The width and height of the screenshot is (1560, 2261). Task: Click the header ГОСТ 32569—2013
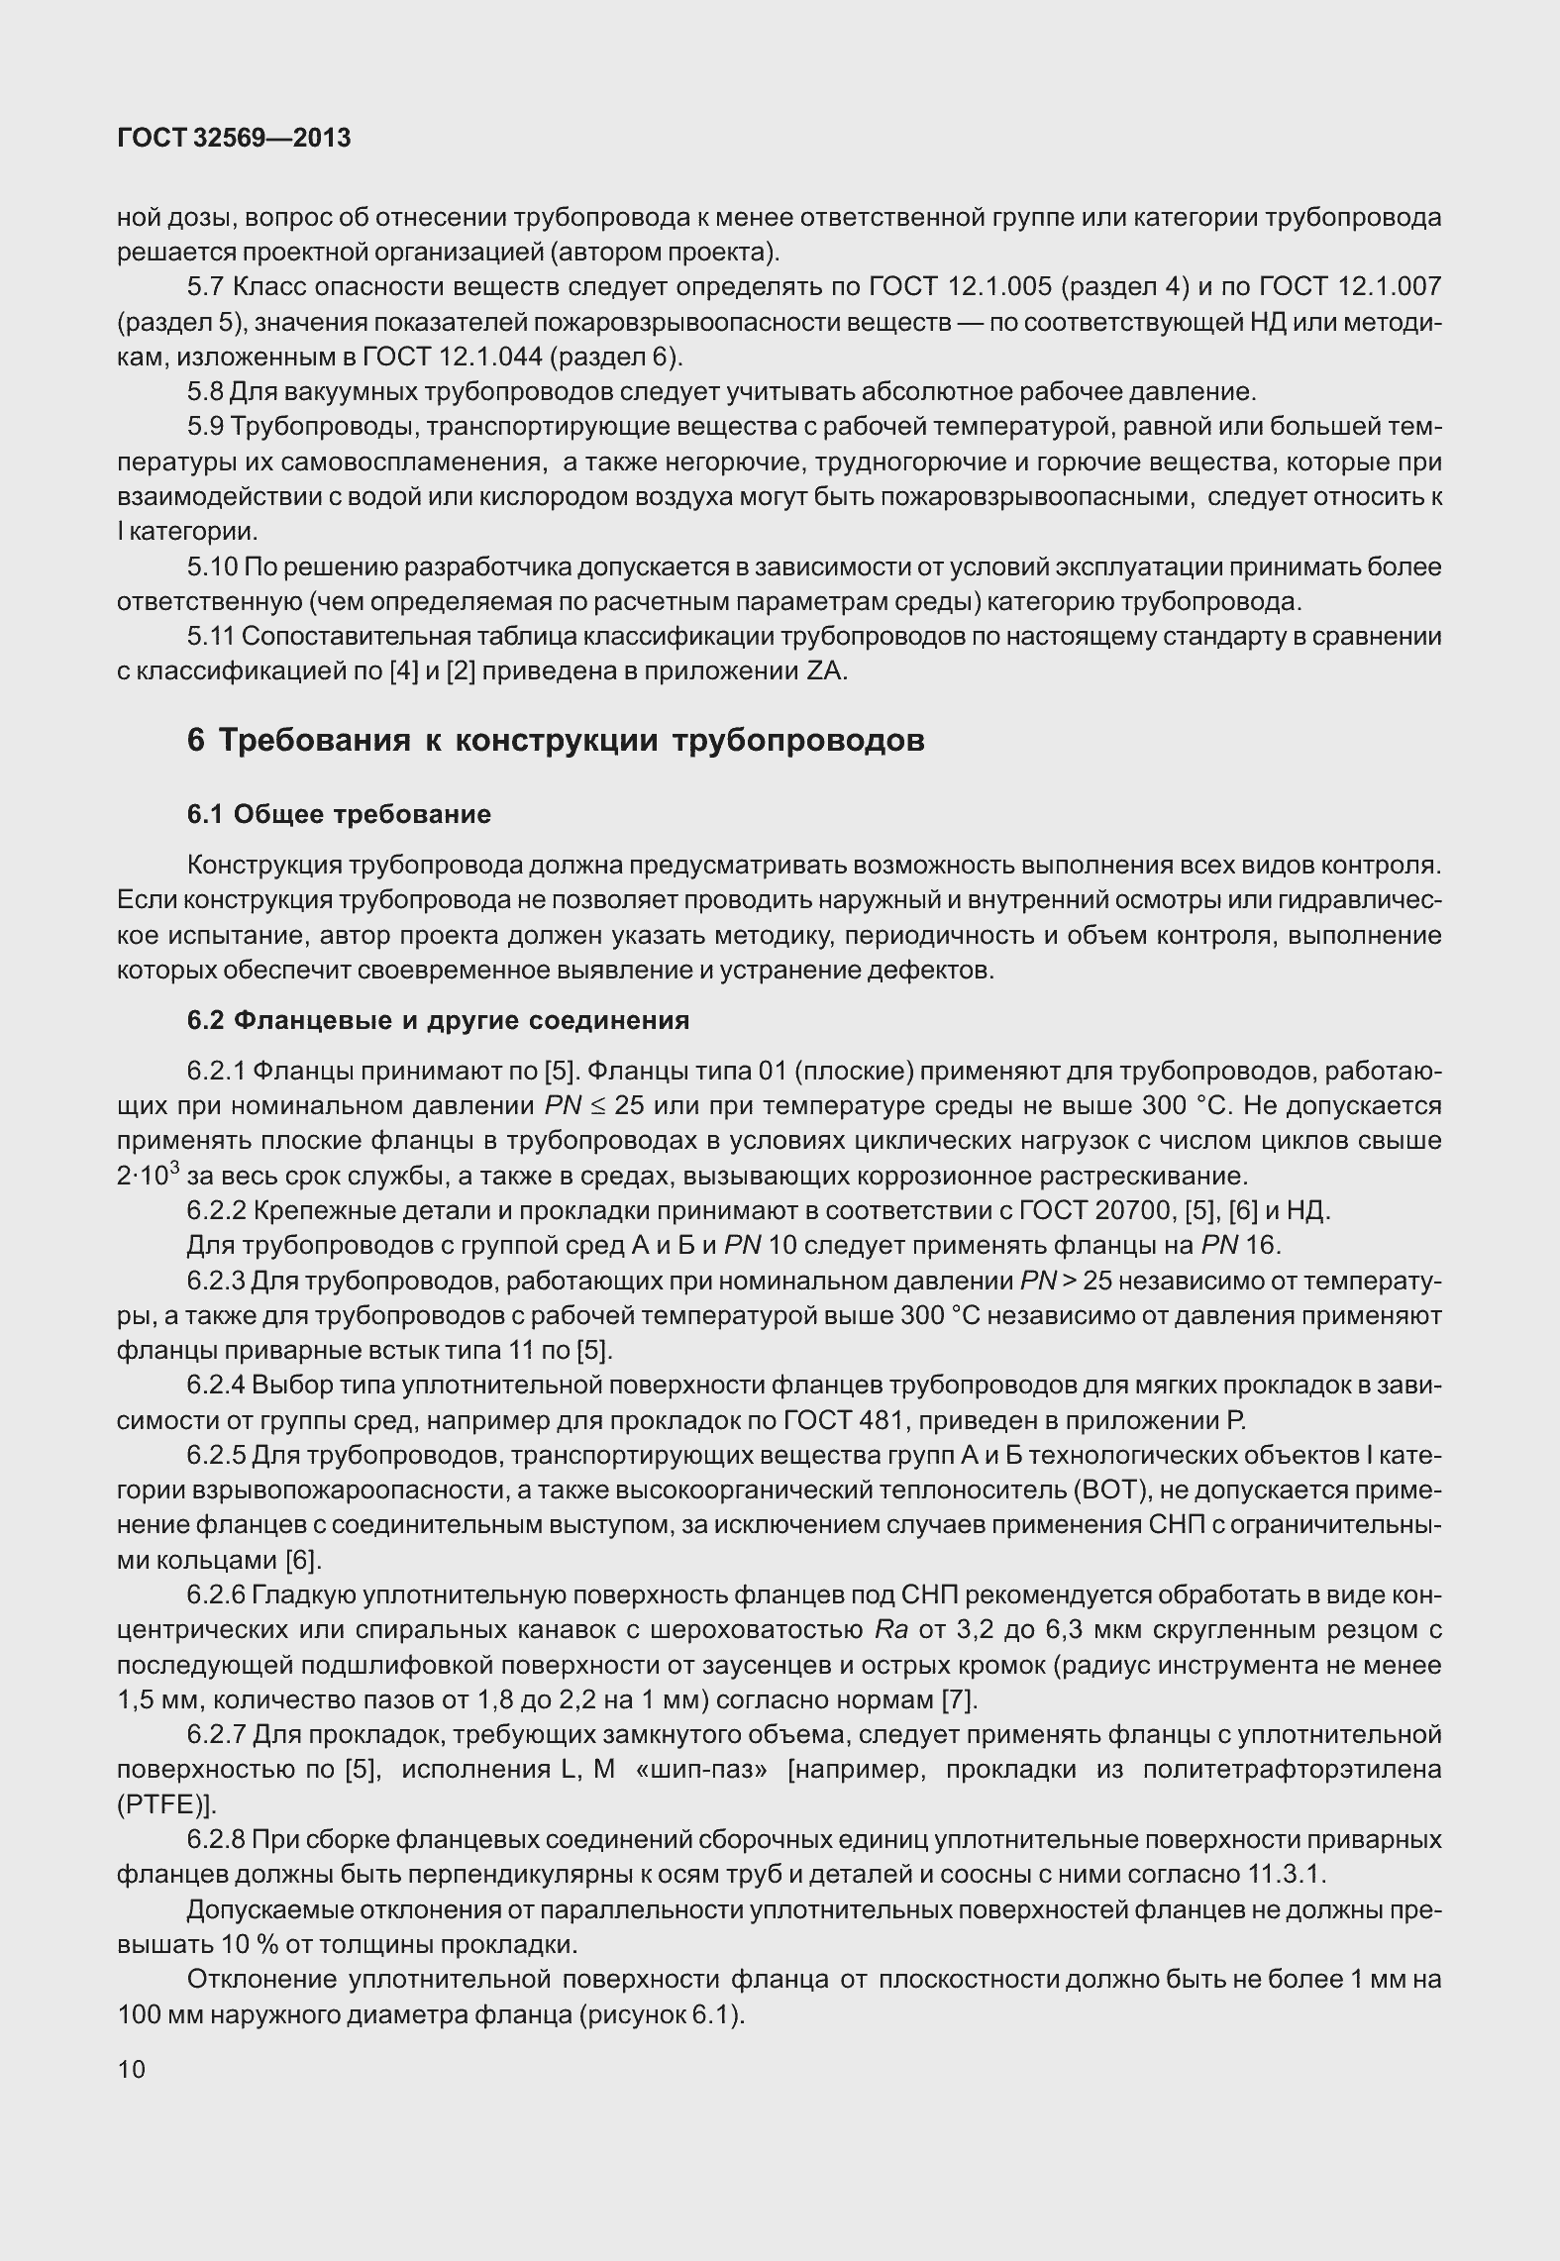click(234, 139)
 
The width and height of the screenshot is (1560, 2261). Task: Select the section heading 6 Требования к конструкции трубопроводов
click(556, 740)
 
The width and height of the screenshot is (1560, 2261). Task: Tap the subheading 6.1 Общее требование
click(339, 814)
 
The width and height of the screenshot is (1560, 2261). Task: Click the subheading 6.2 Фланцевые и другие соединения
click(438, 1020)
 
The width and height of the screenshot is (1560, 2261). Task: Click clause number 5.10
click(212, 567)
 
